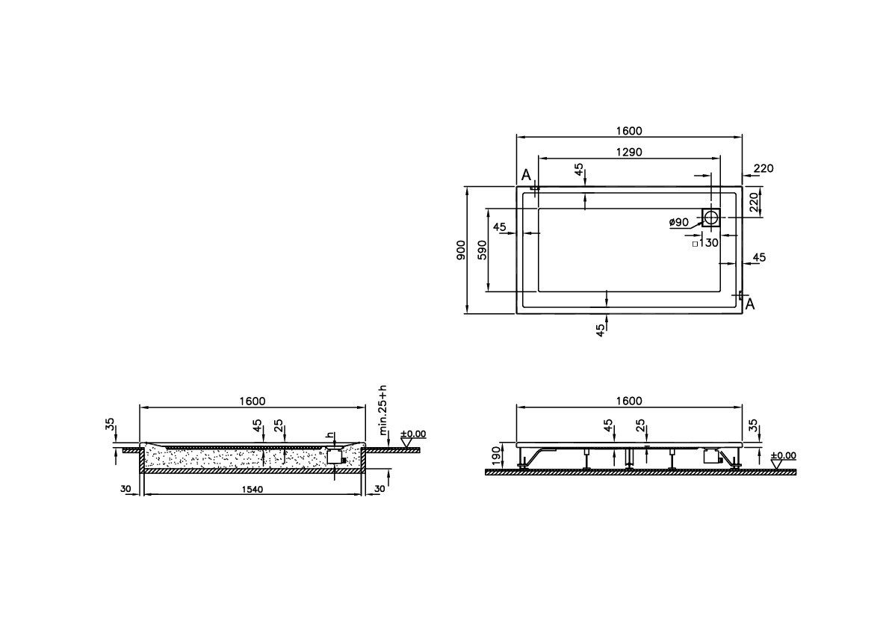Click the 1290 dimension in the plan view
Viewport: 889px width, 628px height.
629,152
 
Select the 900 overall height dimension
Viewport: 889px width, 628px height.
461,250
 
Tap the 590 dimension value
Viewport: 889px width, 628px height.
482,250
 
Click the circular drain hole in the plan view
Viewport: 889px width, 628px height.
711,218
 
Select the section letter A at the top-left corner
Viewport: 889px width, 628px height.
526,175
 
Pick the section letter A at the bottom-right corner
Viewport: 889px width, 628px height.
749,304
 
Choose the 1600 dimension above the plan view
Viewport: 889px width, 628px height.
629,131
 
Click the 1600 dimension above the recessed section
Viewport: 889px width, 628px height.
252,401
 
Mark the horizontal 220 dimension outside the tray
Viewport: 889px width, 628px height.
763,169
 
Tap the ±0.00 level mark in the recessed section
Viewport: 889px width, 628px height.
412,434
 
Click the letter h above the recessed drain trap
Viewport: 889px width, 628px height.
327,436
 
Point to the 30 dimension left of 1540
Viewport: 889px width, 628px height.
125,489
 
